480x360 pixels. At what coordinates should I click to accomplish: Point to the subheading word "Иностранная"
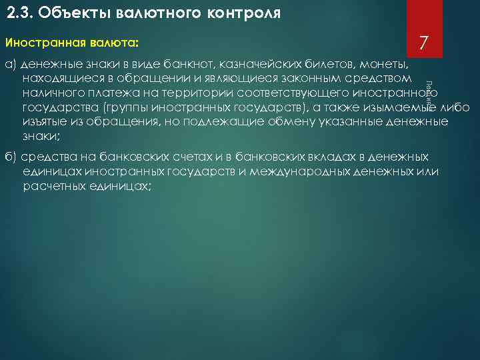(x=43, y=43)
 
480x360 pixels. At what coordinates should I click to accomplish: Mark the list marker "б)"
(x=11, y=157)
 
